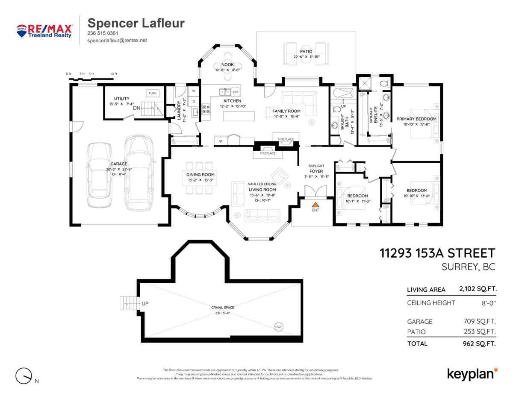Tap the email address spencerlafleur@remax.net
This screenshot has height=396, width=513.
(x=117, y=40)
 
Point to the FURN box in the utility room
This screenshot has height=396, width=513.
(x=152, y=93)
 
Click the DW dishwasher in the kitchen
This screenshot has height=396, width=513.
(x=235, y=92)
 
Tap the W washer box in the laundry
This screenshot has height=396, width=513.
(x=193, y=91)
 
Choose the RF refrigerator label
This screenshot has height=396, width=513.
(x=221, y=141)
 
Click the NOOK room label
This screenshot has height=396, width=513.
(x=227, y=65)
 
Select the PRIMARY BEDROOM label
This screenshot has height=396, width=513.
(x=416, y=119)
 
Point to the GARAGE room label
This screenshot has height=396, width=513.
(x=118, y=164)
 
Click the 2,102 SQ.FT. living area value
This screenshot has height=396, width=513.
(x=478, y=289)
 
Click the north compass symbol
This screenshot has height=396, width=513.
(x=24, y=375)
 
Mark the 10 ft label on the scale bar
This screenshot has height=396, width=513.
(x=113, y=74)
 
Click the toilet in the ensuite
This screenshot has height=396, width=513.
(x=383, y=82)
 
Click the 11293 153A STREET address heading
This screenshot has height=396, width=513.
(x=437, y=253)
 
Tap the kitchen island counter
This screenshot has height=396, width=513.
(x=238, y=116)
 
